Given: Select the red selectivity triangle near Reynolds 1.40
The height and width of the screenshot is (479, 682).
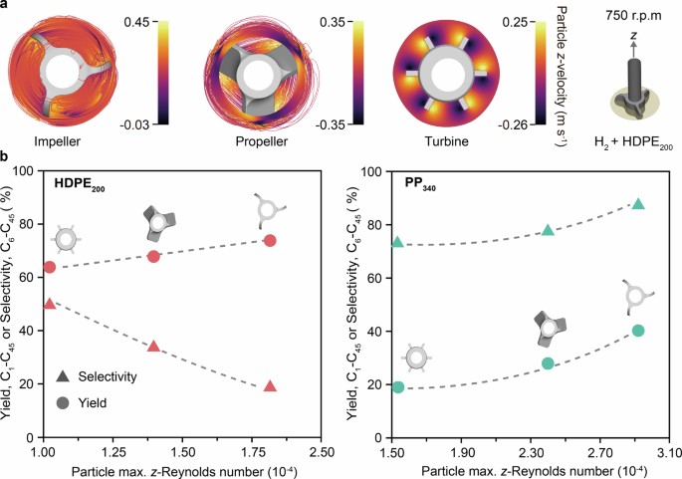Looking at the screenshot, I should (154, 346).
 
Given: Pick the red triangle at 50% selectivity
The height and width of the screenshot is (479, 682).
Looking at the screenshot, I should (50, 303).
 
